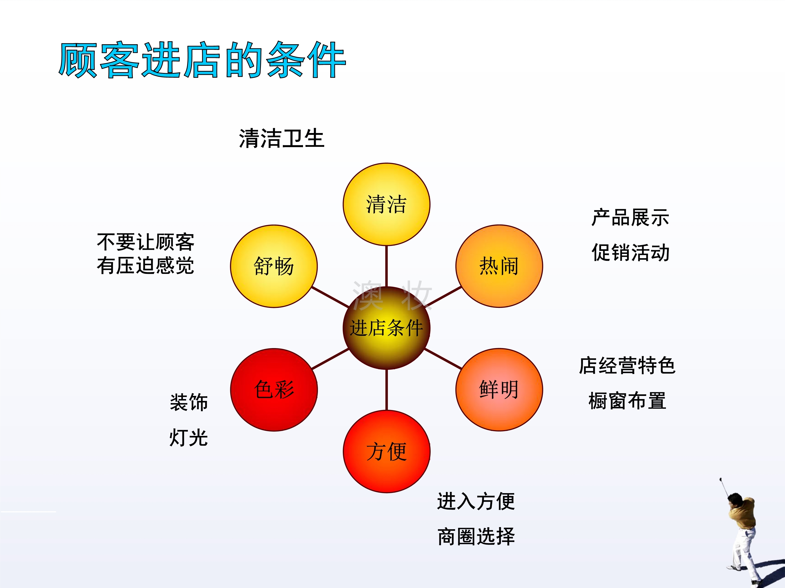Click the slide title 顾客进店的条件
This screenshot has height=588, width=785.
(x=202, y=60)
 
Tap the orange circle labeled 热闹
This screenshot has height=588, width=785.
(x=499, y=266)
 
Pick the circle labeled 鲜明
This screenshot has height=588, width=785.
(x=499, y=390)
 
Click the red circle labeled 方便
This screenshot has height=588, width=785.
(x=386, y=452)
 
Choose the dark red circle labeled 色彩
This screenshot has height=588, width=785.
(x=274, y=390)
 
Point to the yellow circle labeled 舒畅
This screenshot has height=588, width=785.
(x=274, y=266)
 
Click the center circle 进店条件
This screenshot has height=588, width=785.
(x=386, y=328)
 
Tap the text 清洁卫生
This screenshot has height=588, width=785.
(x=281, y=138)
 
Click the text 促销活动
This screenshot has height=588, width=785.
(x=630, y=252)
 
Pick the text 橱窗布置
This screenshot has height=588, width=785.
(x=627, y=401)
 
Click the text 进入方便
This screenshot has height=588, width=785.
(x=476, y=501)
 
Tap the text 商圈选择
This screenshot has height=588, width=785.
(x=476, y=536)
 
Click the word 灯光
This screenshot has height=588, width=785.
(x=188, y=437)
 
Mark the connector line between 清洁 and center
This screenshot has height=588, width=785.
(x=386, y=266)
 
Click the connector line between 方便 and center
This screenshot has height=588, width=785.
(x=386, y=390)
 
